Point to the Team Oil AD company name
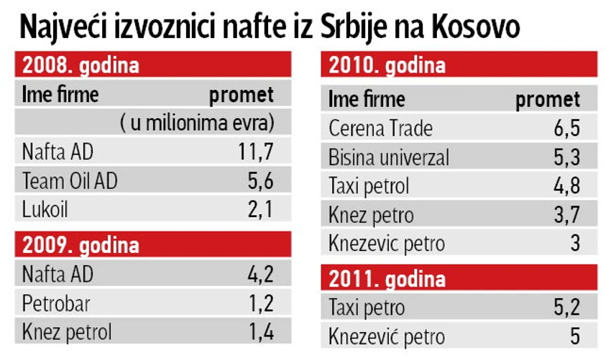click(x=70, y=181)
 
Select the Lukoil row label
click(x=45, y=210)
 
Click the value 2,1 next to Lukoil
click(x=260, y=210)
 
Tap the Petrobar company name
click(x=56, y=303)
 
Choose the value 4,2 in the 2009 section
click(x=260, y=274)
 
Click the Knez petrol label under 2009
click(x=67, y=332)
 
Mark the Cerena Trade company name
click(x=380, y=129)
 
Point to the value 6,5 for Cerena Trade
click(x=565, y=129)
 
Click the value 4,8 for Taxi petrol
click(x=565, y=186)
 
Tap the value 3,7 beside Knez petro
click(x=565, y=215)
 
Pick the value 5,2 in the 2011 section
click(x=565, y=308)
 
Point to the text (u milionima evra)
click(x=197, y=123)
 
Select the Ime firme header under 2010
click(x=367, y=99)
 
